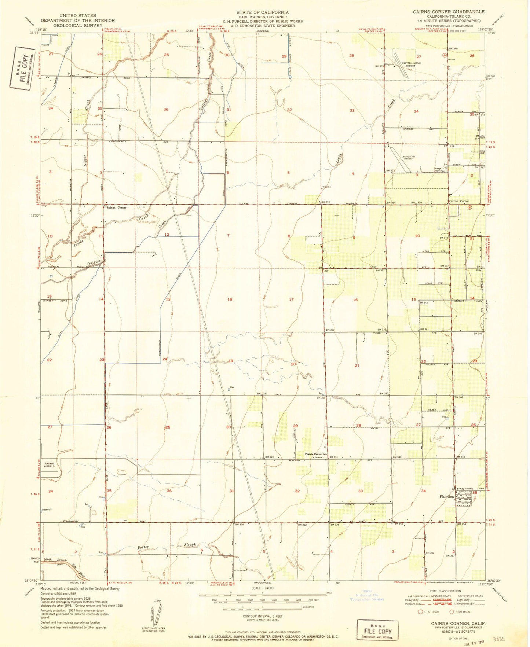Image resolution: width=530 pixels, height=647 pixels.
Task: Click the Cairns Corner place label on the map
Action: coord(459,201)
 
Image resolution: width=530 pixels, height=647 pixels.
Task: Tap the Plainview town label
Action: coord(447,496)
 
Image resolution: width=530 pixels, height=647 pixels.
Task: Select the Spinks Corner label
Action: coord(117,207)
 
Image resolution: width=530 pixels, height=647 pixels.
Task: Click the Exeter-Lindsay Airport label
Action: coord(411,65)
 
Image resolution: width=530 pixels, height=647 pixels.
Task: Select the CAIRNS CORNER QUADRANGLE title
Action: coord(449,12)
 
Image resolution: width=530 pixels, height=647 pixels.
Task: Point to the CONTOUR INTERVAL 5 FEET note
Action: coord(263,616)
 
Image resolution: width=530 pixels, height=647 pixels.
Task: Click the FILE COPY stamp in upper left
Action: coord(22,68)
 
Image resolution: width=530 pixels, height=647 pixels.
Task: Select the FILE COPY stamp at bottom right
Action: coord(377,631)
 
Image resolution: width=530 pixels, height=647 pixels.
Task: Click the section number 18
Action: coord(230,299)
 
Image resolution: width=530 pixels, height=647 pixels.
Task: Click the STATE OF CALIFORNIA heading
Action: coord(262,12)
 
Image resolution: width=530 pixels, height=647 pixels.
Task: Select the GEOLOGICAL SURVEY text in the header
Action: coord(77,26)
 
